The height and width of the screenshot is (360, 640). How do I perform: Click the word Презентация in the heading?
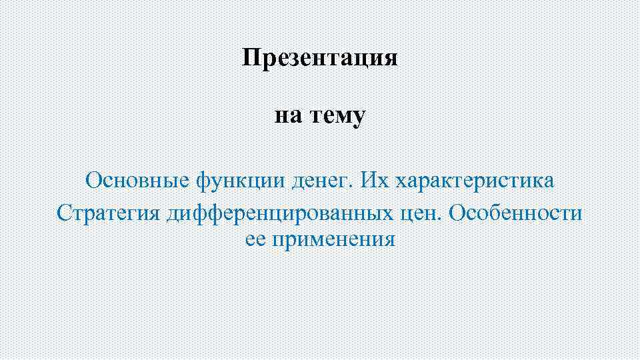point(320,58)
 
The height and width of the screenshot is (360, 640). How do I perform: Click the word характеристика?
point(475,181)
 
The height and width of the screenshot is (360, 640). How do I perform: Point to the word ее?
point(255,239)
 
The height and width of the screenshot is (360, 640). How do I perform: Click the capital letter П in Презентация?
point(250,58)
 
